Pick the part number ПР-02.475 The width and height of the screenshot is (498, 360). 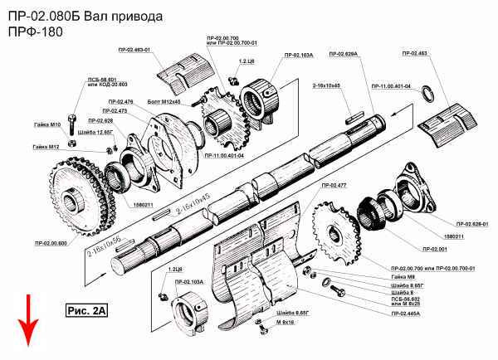click(x=115, y=111)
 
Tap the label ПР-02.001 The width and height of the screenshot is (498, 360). click(x=435, y=249)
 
